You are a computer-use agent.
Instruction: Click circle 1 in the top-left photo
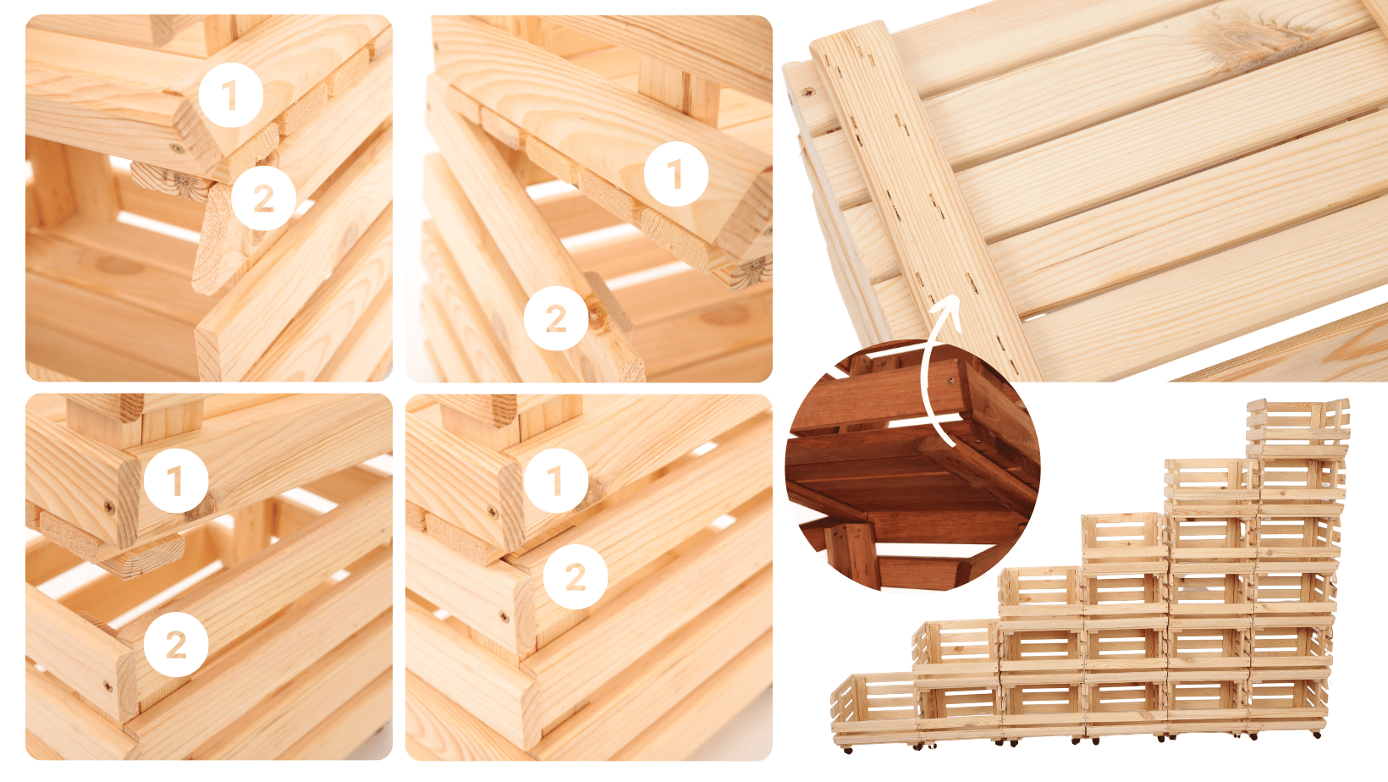pos(230,95)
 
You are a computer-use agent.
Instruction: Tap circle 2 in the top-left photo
pos(263,198)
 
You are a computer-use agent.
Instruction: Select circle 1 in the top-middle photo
pos(676,173)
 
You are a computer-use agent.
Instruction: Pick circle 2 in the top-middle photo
pos(556,318)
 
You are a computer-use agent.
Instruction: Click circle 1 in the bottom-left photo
pos(176,480)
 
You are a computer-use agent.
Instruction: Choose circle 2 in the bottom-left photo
pos(176,644)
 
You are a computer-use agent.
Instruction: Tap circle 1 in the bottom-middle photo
pos(556,480)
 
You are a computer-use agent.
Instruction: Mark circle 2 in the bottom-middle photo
pos(576,577)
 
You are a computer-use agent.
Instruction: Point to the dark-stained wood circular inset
pos(912,465)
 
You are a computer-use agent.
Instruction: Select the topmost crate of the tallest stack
pos(1298,428)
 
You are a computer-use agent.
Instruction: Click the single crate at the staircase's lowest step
pos(873,708)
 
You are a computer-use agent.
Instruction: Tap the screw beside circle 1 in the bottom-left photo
pos(109,508)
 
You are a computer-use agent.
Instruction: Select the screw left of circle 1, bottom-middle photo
pos(493,513)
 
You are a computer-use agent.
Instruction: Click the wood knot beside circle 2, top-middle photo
pos(596,317)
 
